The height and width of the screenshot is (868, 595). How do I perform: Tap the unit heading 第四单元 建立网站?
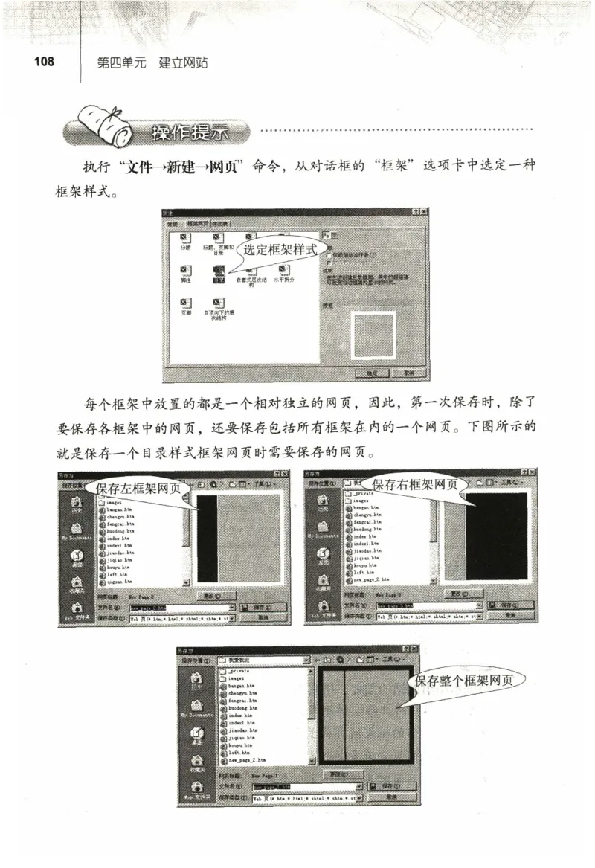click(152, 63)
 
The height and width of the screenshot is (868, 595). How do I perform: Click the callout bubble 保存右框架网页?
click(414, 485)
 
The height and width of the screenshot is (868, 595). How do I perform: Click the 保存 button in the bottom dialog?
click(390, 785)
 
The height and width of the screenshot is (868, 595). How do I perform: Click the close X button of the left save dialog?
click(284, 474)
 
